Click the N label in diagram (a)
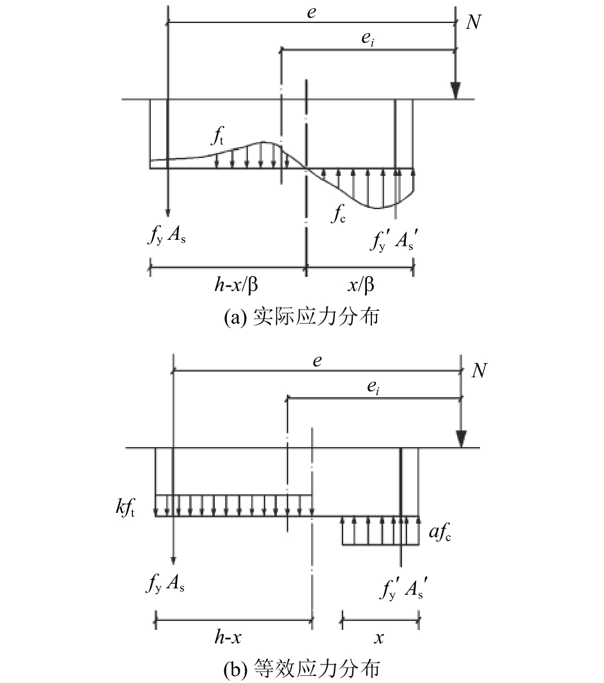coord(474,22)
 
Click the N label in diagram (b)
coord(479,371)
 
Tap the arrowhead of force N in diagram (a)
coord(456,91)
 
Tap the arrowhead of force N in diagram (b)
coord(461,439)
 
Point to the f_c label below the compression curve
coord(338,214)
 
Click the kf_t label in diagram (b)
coord(125,508)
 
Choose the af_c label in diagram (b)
coord(440,532)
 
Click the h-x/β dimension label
coord(236,285)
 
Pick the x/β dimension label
coord(361,285)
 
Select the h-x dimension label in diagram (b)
coord(228,637)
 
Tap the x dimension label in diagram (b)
coord(379,638)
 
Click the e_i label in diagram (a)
coord(368,39)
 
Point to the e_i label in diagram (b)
coord(373,388)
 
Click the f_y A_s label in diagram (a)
coord(167,236)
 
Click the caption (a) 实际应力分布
coord(301,317)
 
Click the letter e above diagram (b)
coord(318,361)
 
